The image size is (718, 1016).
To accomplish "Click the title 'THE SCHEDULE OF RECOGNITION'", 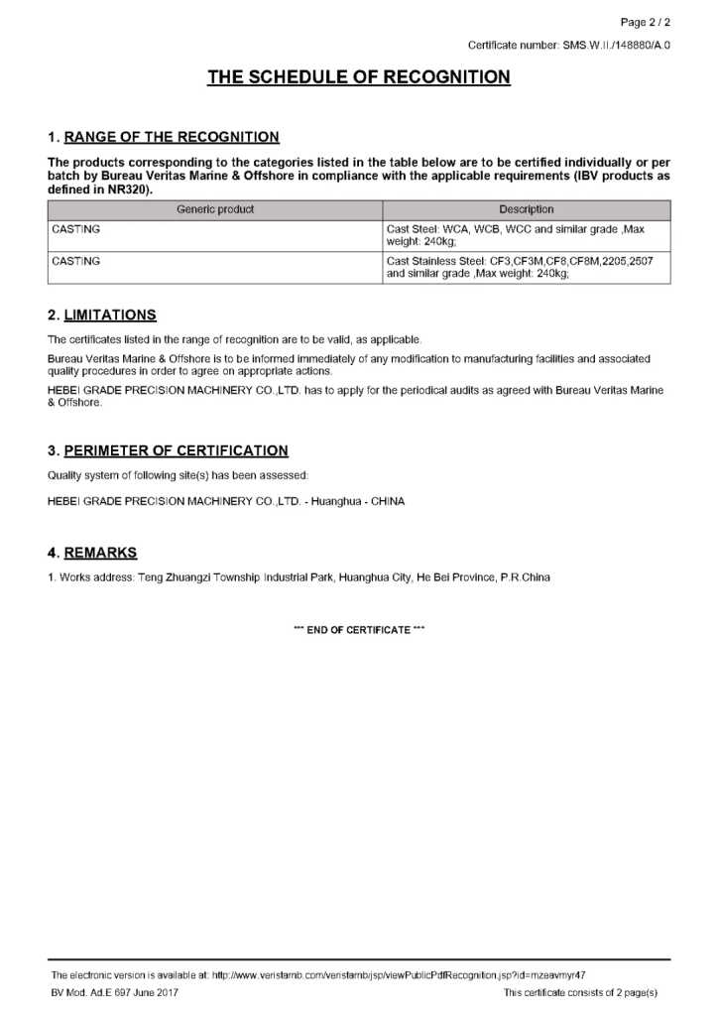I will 359,77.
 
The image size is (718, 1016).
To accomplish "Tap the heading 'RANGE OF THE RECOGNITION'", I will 171,137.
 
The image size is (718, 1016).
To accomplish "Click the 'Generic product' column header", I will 215,209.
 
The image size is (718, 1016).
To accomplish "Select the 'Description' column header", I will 527,209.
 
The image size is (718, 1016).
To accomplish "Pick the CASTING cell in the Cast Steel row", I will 75,229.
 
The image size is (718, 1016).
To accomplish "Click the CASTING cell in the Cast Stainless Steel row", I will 75,261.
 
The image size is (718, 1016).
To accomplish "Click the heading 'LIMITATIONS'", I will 110,316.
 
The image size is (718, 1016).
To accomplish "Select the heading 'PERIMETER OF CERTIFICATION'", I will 176,450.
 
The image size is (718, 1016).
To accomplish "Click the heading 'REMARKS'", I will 100,553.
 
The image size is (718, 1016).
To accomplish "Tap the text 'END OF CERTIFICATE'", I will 358,630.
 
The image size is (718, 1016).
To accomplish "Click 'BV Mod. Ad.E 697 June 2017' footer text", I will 115,991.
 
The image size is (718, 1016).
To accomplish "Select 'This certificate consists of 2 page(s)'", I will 580,991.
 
